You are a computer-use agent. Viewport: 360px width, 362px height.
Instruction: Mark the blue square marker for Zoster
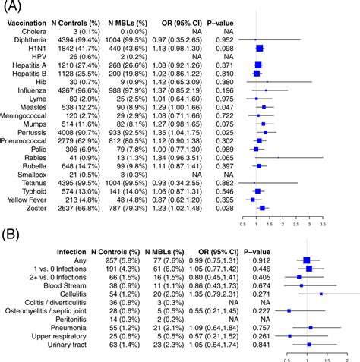pos(262,208)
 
